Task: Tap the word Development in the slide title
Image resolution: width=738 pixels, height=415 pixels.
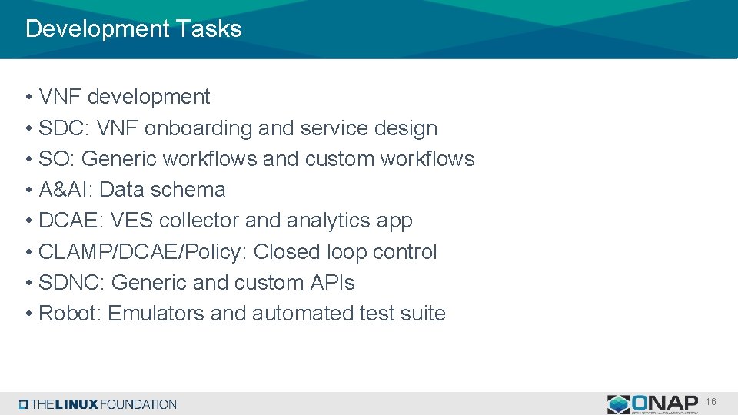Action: pos(97,29)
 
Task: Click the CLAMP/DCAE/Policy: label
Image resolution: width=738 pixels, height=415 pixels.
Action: pos(142,252)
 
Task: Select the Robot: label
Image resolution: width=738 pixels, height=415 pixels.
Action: pos(70,314)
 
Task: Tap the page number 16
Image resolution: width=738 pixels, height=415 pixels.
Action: pos(711,402)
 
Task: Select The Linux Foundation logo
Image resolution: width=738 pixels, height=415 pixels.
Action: pos(98,404)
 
